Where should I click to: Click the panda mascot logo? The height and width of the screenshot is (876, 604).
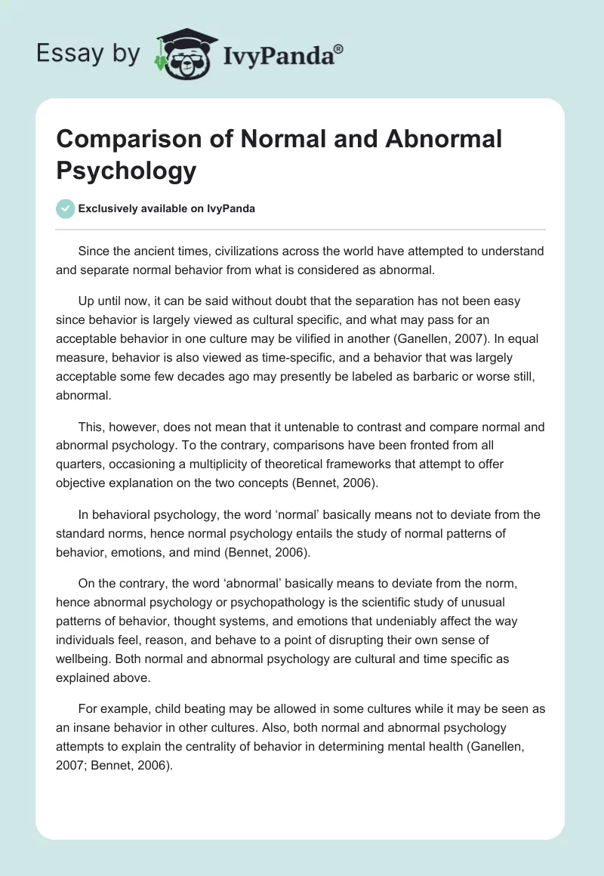[x=184, y=54]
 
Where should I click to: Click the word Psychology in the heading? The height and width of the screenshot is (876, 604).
[x=126, y=170]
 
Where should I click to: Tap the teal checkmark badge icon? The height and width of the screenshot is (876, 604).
[x=66, y=208]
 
